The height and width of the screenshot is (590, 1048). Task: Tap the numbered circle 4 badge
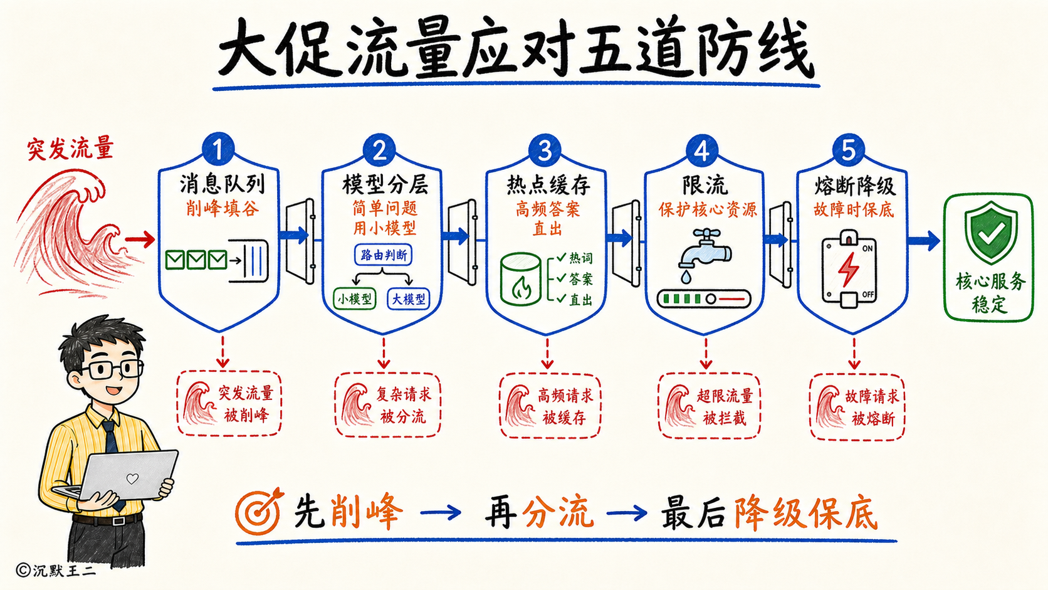tap(702, 150)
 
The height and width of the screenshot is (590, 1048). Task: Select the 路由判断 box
tap(384, 255)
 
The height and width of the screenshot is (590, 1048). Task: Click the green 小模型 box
tap(355, 299)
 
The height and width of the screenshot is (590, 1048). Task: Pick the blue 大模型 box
tap(409, 299)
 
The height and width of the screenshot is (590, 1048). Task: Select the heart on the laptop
tap(132, 478)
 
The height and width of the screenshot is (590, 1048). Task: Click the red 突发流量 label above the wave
tap(71, 149)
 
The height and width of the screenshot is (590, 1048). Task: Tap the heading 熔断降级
tap(855, 187)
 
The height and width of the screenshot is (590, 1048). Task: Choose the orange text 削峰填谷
tap(223, 208)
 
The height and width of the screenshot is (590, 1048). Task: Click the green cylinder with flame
tap(521, 280)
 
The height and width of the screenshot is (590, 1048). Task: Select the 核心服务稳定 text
tap(990, 293)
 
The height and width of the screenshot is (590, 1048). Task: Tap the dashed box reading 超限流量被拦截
tap(709, 406)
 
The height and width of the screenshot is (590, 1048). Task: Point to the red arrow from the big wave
tap(140, 240)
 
